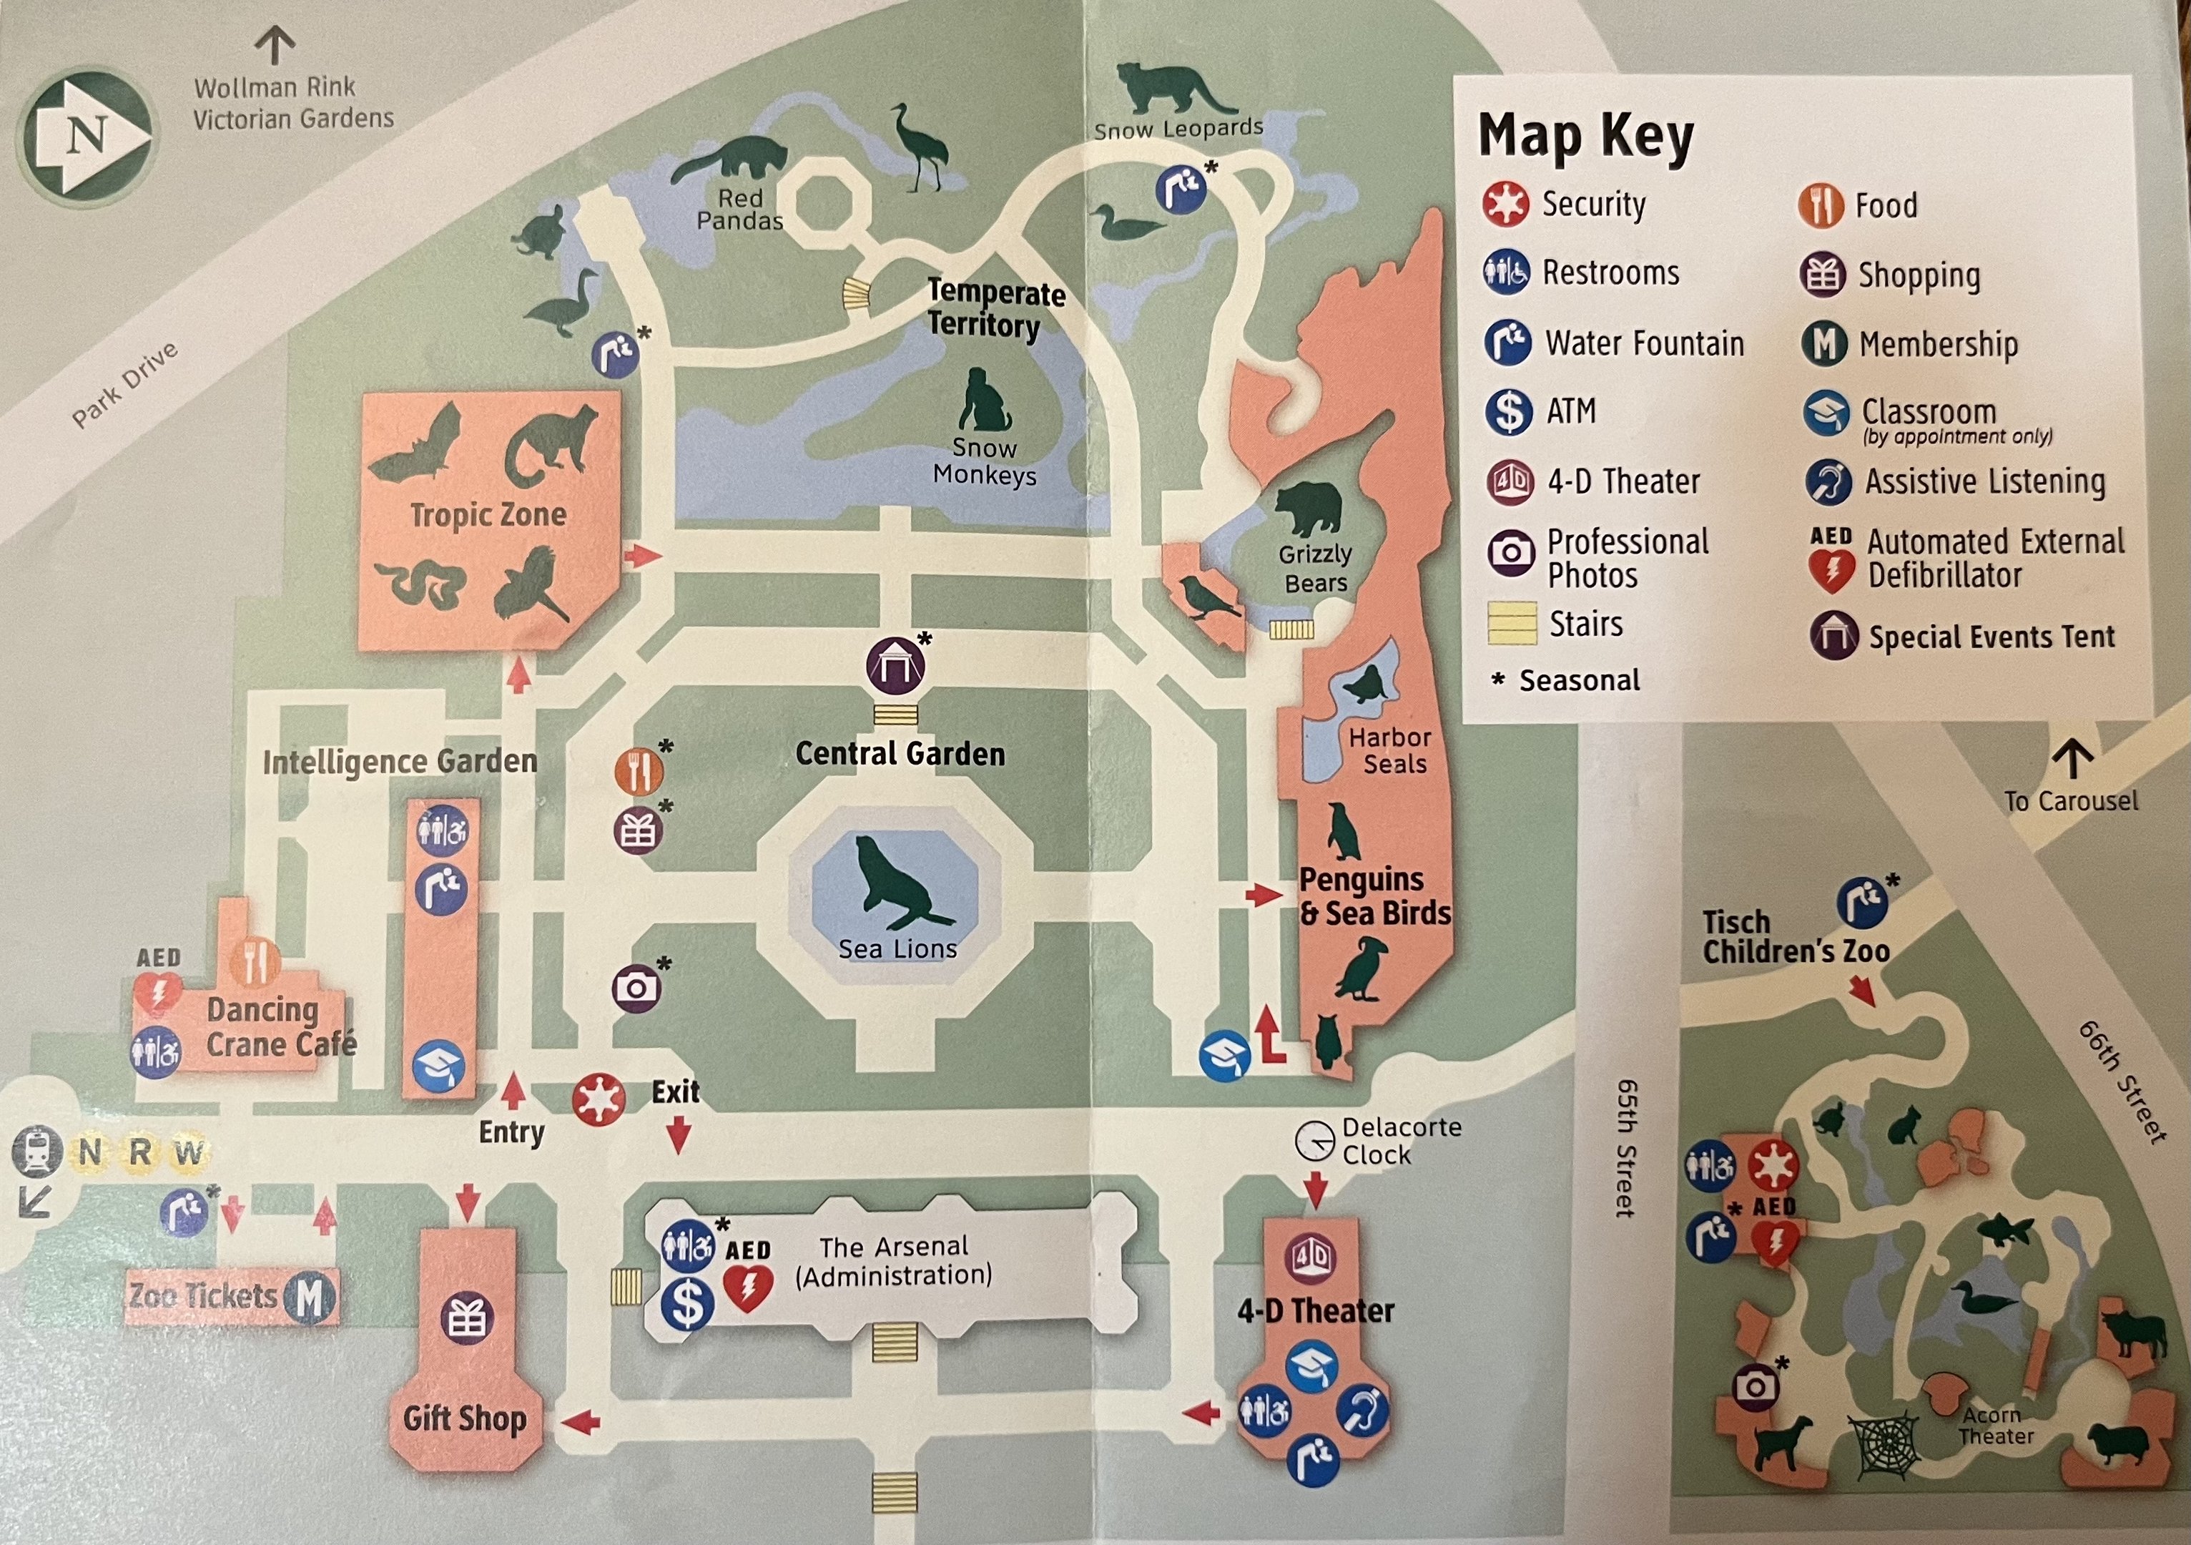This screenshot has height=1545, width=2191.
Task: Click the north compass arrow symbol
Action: click(88, 134)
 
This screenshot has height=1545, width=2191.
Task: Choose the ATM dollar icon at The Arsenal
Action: click(687, 1305)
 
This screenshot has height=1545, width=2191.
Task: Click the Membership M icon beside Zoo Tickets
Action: click(309, 1298)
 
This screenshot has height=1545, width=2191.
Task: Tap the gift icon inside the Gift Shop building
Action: click(467, 1319)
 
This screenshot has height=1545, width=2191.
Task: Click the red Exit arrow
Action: click(679, 1134)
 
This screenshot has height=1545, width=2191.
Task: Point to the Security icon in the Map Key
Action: click(1506, 205)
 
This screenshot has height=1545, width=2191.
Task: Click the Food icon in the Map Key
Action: click(1821, 205)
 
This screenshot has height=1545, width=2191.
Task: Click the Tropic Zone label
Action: click(488, 515)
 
